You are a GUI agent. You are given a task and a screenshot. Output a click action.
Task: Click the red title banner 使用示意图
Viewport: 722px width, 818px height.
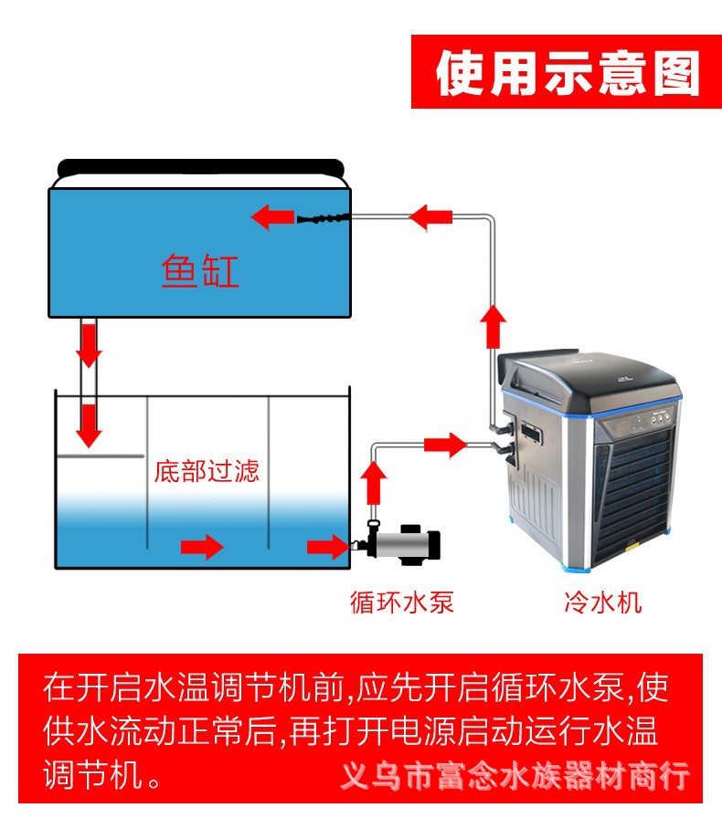pos(567,73)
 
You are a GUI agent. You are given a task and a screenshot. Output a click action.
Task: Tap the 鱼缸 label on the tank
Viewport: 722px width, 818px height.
pos(200,271)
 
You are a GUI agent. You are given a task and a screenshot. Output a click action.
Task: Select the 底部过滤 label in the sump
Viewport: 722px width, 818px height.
pos(207,471)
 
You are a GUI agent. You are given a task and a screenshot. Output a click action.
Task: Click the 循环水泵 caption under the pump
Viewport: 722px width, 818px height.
pos(401,603)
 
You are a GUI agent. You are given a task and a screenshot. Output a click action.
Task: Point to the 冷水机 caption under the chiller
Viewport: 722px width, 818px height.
pos(602,603)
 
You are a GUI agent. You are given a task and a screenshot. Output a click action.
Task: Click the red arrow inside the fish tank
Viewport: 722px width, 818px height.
pos(272,217)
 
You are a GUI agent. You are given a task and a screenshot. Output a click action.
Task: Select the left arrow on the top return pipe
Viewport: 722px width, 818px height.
pos(430,217)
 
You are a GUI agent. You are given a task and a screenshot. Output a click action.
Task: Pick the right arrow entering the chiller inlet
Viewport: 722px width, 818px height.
pos(446,445)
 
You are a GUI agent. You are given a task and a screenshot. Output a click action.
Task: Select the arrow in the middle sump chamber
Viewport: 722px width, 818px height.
pos(202,547)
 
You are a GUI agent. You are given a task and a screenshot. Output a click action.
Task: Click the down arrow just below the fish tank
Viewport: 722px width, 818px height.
pos(89,342)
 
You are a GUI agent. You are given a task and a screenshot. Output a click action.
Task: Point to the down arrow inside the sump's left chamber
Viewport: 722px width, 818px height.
pos(89,425)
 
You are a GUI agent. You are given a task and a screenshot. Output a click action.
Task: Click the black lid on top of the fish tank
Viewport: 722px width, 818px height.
pos(200,168)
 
